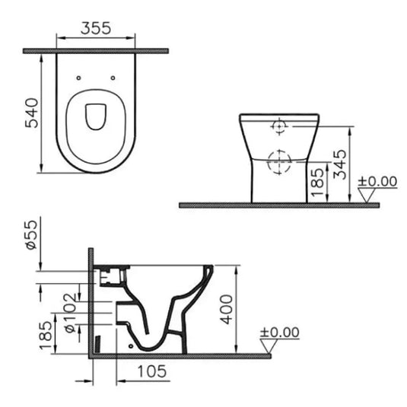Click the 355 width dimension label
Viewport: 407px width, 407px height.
tap(96, 27)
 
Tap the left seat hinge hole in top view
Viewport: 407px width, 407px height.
tap(80, 77)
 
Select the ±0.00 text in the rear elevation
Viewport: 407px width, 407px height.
tap(378, 181)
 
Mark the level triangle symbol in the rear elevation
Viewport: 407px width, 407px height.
tap(370, 196)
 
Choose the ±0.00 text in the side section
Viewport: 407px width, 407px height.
tap(279, 332)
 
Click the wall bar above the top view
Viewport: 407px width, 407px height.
tap(96, 50)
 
